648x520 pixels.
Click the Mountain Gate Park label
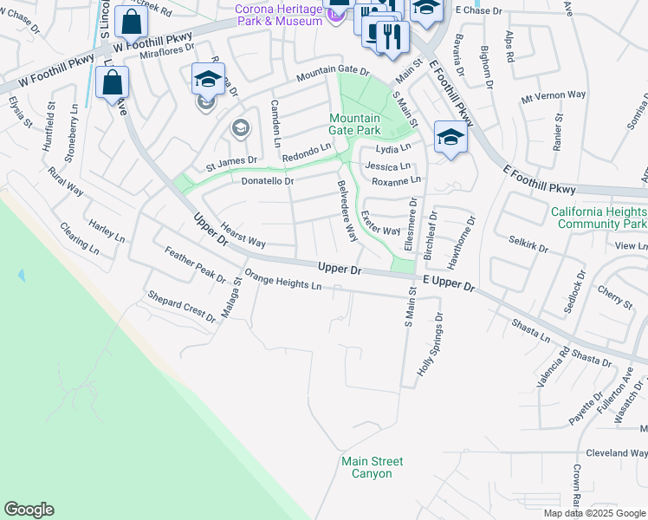[353, 124]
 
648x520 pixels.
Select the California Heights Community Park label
[599, 217]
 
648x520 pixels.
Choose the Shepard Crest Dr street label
[181, 307]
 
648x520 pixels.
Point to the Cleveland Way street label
[617, 453]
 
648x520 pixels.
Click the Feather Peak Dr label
[195, 265]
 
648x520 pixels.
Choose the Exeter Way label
[380, 225]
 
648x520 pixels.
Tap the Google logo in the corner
[29, 510]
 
